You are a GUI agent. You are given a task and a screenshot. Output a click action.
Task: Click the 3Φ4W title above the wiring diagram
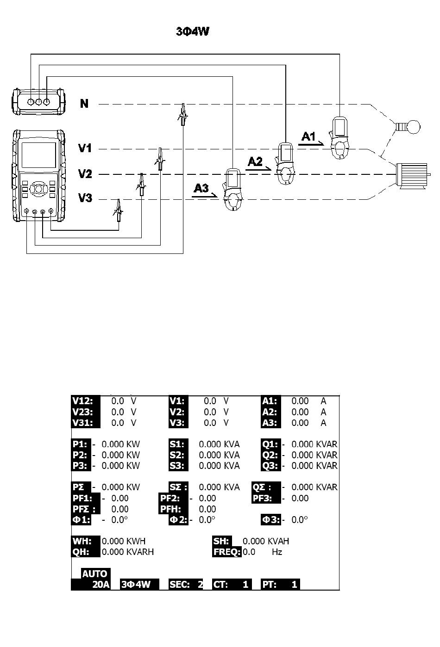point(192,31)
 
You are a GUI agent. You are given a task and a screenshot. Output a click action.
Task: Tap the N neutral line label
point(84,104)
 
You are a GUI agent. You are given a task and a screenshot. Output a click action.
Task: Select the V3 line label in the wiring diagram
point(85,198)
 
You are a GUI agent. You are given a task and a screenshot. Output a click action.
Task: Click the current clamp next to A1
point(339,138)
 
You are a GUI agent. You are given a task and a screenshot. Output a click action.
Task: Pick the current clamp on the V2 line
point(285,164)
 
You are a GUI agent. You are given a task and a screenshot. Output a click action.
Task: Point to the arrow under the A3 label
point(205,196)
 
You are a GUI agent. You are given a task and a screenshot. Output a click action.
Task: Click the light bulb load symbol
point(408,127)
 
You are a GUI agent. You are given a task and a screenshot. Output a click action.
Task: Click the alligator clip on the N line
point(182,115)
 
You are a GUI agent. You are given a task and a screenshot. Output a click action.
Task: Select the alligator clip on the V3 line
point(118,210)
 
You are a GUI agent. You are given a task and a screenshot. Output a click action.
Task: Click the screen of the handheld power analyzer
point(39,155)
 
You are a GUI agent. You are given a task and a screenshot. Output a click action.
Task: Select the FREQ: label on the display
point(227,552)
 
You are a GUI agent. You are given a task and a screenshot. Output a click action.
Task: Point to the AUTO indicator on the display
point(94,573)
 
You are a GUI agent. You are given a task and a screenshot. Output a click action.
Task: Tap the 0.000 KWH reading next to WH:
point(124,541)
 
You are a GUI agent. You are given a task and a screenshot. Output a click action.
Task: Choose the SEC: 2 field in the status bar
point(186,585)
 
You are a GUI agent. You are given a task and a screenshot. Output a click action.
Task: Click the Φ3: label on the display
point(271,520)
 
